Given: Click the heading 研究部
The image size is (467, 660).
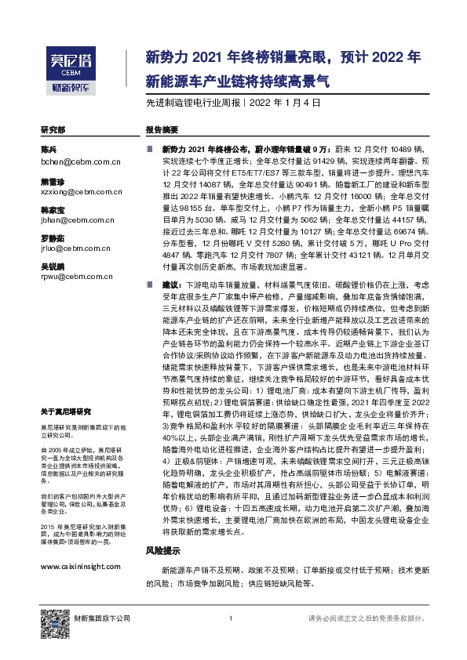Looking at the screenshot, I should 53,129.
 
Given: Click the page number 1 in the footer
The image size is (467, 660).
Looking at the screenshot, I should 229,620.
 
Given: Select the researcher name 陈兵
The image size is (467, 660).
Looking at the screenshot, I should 49,149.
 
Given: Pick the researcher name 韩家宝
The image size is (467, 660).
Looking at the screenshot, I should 53,212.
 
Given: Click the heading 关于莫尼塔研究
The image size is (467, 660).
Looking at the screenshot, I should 66,412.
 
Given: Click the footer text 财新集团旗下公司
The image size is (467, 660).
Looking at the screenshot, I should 102,619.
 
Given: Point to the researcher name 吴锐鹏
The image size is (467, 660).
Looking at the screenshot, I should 53,268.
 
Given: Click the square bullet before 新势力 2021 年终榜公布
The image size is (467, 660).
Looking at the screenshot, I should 148,148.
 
